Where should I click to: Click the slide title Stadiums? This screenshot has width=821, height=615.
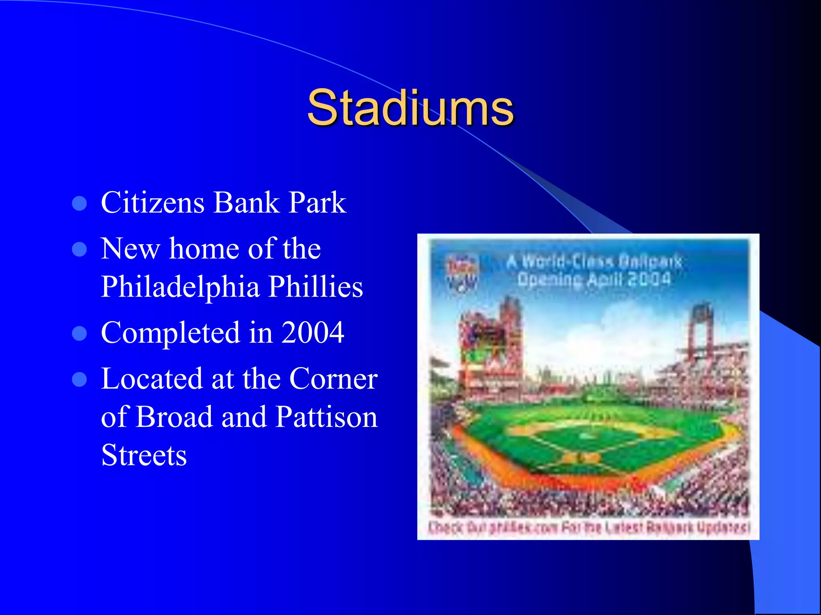(x=410, y=107)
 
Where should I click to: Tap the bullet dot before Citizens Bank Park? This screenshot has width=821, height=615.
(x=79, y=203)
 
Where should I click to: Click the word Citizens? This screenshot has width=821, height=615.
(x=152, y=202)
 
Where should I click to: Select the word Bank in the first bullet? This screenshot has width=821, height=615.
(x=247, y=202)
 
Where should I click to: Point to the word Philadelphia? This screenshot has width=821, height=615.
(x=180, y=287)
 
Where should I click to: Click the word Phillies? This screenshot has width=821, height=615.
(x=315, y=287)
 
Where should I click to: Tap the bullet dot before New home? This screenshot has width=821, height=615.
(x=79, y=249)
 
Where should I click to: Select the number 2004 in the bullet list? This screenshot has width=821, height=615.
(x=312, y=332)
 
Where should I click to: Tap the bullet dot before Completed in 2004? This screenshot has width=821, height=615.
(x=79, y=333)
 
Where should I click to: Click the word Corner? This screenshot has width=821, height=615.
(x=333, y=378)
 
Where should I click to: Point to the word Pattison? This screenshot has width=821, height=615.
(x=327, y=417)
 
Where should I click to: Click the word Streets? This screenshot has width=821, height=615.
(x=144, y=455)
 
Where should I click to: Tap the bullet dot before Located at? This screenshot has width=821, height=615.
(x=79, y=379)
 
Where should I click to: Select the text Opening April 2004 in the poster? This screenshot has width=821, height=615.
(x=593, y=279)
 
